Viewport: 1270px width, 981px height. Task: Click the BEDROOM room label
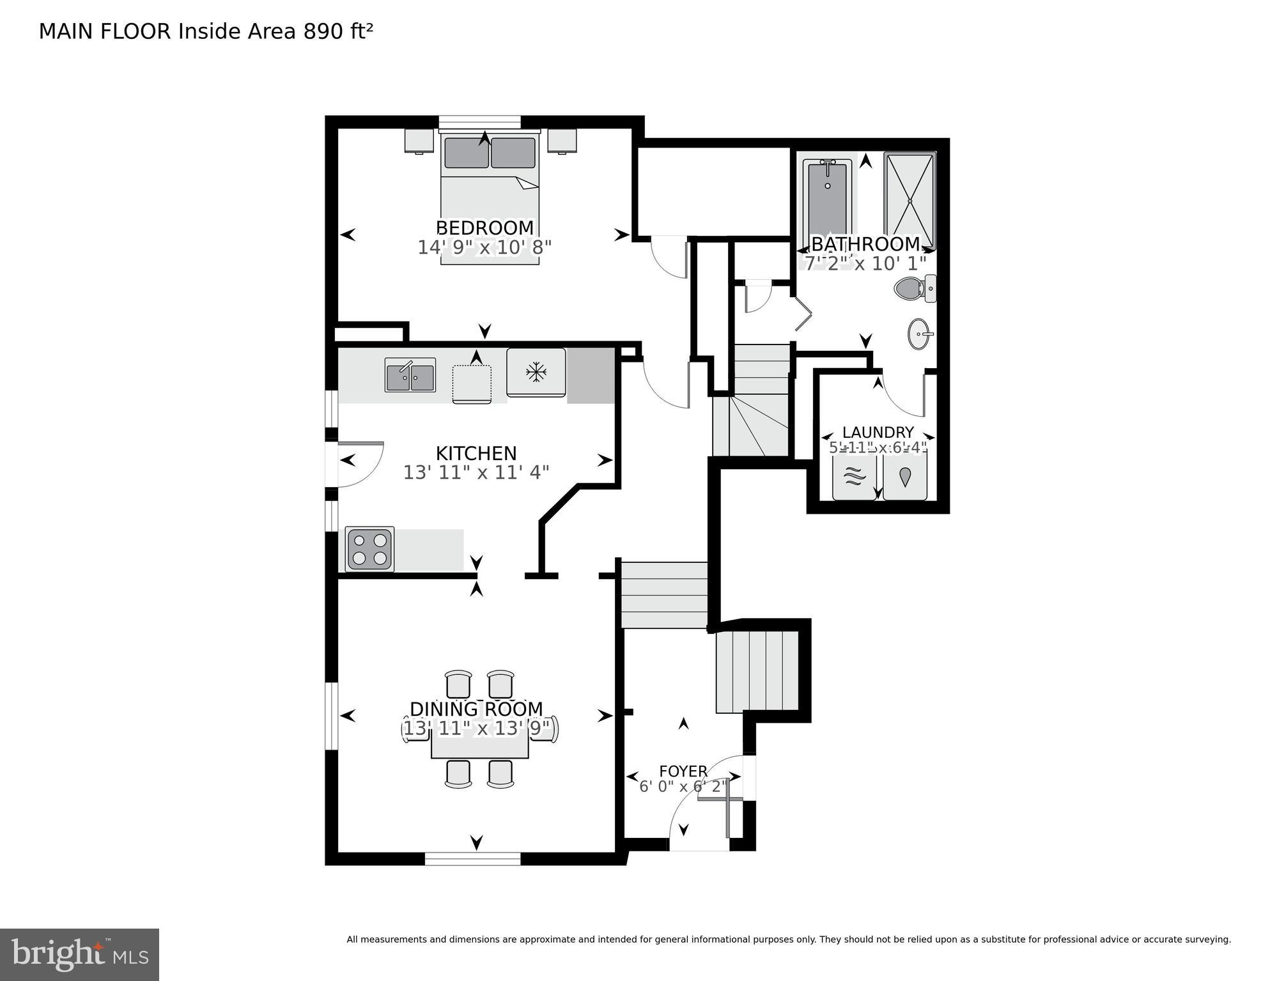point(484,228)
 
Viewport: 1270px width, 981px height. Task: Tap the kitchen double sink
point(410,375)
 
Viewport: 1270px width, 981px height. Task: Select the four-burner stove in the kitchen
point(369,548)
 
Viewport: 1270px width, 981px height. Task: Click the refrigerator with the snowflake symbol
point(536,372)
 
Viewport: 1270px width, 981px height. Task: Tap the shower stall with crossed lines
point(909,201)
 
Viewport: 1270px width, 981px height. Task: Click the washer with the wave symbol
point(854,477)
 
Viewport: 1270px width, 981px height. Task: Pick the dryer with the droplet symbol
point(904,477)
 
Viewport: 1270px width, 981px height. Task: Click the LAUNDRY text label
point(878,432)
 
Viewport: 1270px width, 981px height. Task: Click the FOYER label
point(683,771)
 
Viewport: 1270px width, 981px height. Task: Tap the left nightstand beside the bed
point(419,141)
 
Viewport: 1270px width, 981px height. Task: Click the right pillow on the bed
point(513,153)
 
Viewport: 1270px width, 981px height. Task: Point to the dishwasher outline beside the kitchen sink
point(472,383)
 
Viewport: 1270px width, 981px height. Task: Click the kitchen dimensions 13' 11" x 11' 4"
point(476,472)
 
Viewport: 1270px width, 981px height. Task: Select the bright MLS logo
point(79,954)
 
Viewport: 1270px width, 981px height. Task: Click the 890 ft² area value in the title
point(337,31)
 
